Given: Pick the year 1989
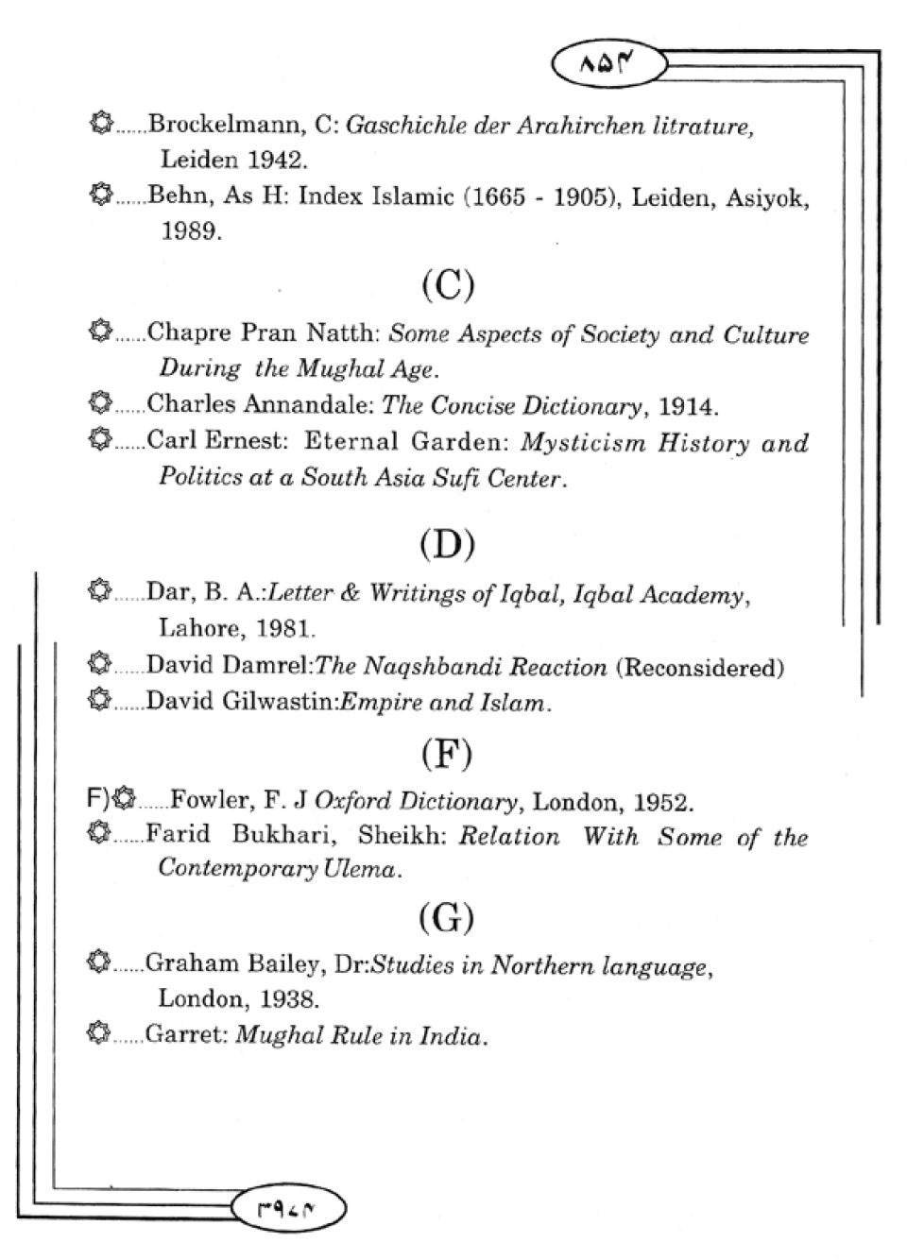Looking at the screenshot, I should [x=190, y=231].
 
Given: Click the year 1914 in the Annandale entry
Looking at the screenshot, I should [x=687, y=406].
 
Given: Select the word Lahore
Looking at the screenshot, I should [x=198, y=627].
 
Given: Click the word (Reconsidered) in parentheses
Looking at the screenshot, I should [x=699, y=668].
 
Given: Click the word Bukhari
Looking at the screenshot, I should [x=279, y=837].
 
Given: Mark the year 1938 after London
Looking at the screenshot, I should [x=289, y=998].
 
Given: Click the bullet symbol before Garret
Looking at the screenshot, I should [x=98, y=1033].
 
